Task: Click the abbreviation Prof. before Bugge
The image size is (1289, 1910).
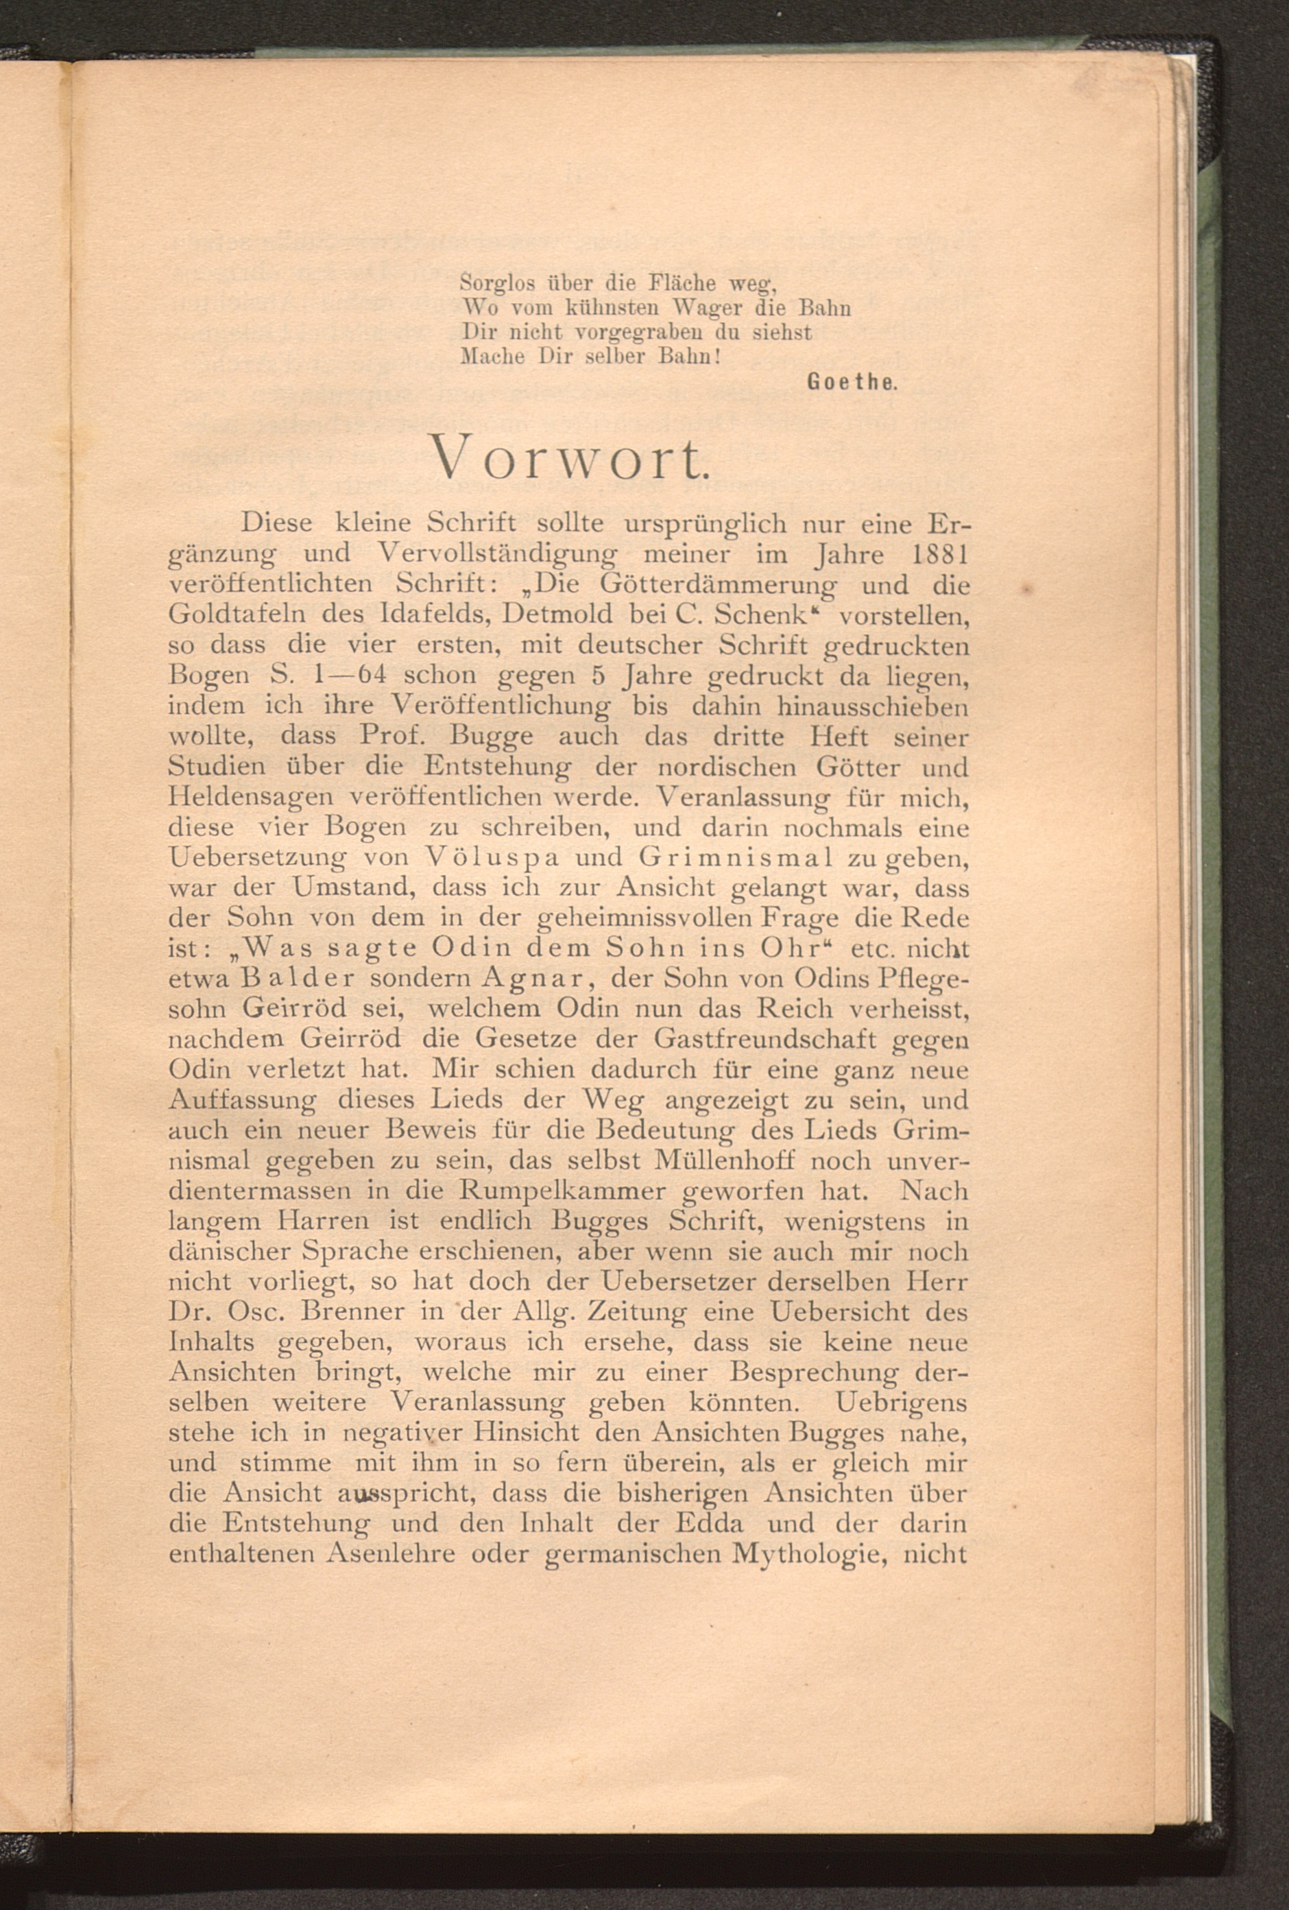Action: click(391, 736)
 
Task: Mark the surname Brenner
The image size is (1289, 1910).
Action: click(356, 1313)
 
